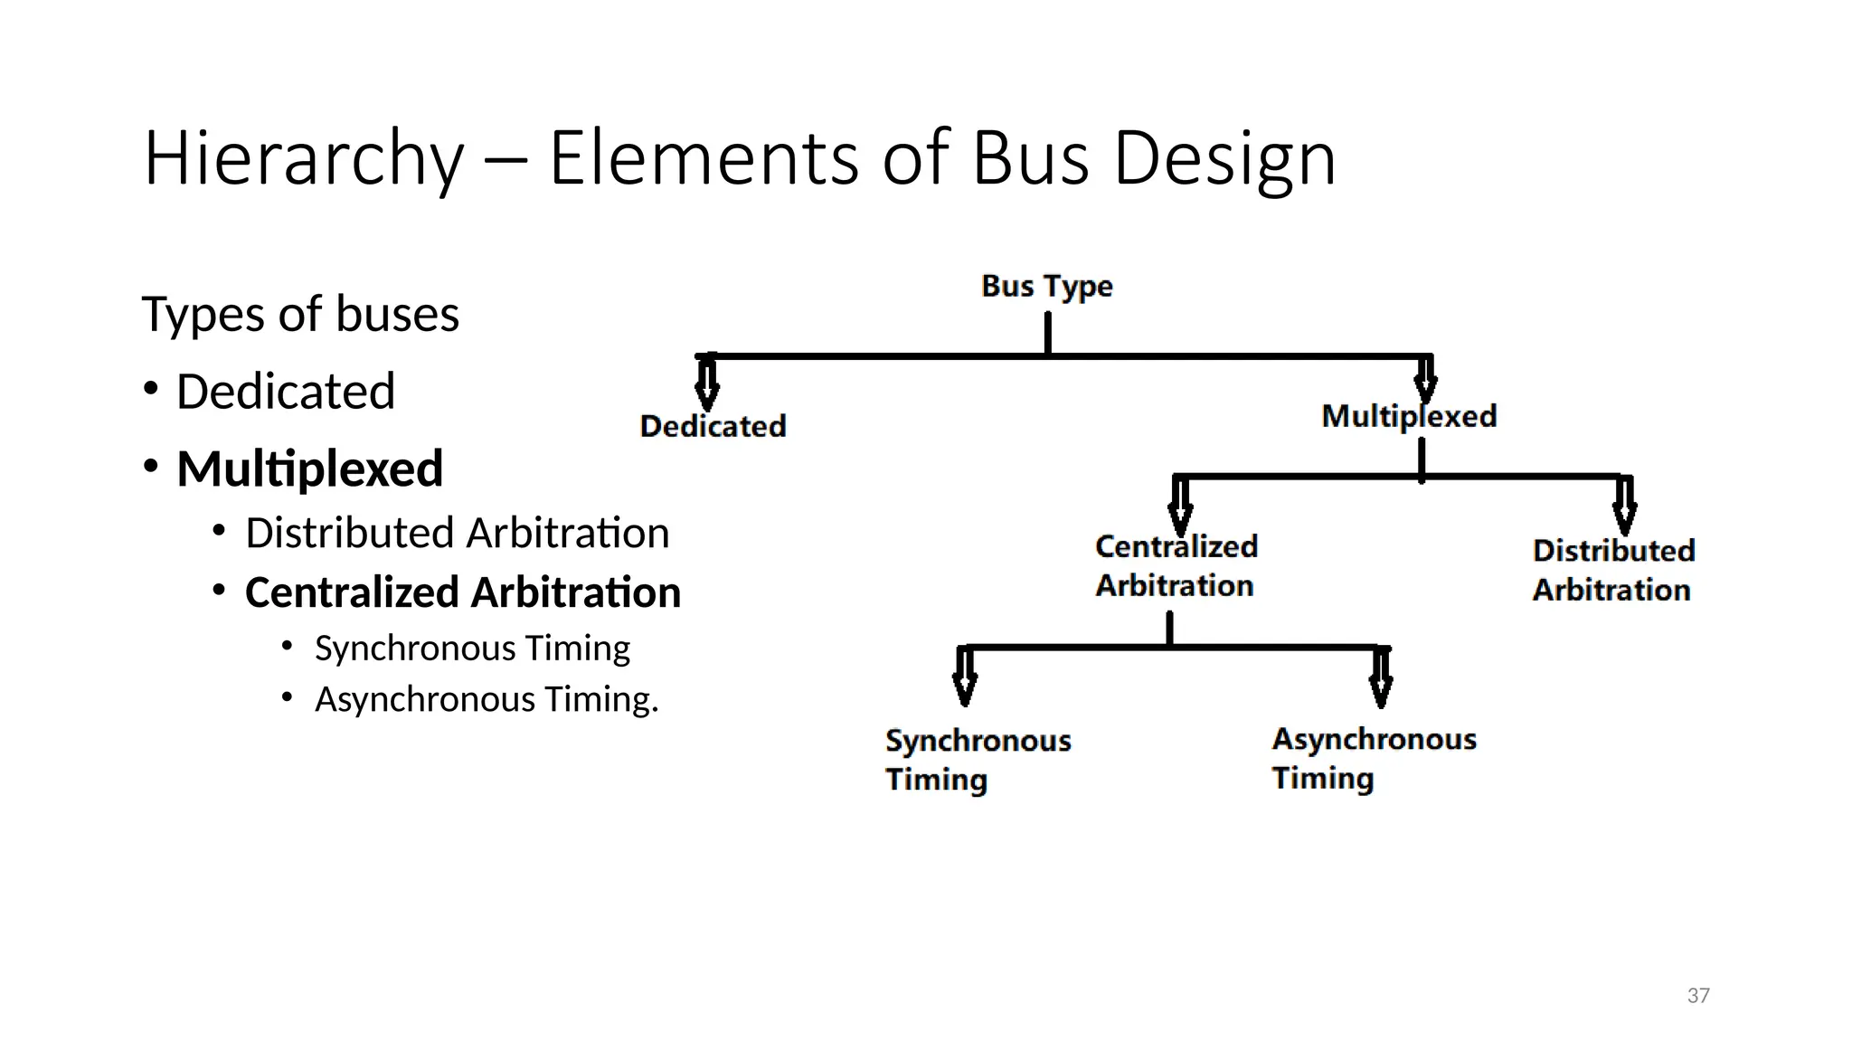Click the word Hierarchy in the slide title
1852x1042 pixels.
coord(303,159)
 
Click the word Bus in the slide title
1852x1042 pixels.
coord(1030,159)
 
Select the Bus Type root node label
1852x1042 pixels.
coord(1046,286)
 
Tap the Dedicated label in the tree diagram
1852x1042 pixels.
coord(713,426)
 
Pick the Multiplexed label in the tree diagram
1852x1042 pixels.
coord(1409,416)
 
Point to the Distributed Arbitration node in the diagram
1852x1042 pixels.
coord(1612,570)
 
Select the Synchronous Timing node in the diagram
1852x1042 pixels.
coord(977,760)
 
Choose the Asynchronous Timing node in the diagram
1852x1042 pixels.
coord(1373,758)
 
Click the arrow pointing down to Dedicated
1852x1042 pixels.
coord(707,384)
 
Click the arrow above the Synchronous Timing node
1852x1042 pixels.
coord(965,677)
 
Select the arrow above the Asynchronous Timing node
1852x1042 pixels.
coord(1381,678)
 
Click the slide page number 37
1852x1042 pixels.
coord(1698,996)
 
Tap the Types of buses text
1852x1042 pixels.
coord(300,314)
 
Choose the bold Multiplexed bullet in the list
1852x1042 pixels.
coord(309,469)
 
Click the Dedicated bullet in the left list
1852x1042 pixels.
coord(285,392)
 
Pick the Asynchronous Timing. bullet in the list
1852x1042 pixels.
coord(487,699)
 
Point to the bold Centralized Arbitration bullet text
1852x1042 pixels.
coord(462,592)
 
